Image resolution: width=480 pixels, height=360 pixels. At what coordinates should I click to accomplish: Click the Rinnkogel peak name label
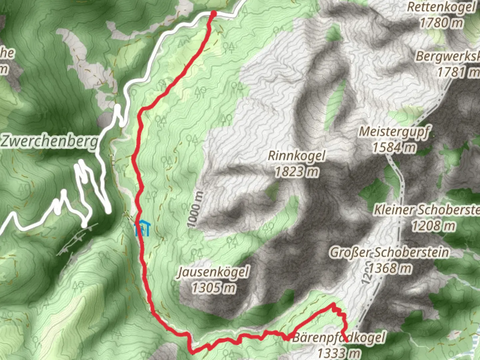pos(296,156)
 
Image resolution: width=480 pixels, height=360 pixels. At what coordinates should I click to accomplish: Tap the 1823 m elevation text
pos(296,172)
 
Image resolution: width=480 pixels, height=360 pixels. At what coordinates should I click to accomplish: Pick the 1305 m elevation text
pos(213,287)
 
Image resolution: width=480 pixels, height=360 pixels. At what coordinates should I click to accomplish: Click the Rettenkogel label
pos(441,7)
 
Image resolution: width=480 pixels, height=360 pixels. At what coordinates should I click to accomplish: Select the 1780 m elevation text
pos(441,23)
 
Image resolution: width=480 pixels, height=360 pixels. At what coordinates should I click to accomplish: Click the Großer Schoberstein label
pos(389,252)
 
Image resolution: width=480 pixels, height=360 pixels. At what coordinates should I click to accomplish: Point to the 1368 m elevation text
pos(389,268)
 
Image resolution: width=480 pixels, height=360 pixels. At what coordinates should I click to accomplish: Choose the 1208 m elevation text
pos(433,226)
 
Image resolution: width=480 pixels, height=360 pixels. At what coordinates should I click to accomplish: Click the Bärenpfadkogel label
pos(339,337)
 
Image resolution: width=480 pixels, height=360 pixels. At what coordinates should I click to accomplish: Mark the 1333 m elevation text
pos(339,353)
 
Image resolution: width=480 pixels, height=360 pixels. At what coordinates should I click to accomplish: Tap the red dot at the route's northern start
pos(213,13)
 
